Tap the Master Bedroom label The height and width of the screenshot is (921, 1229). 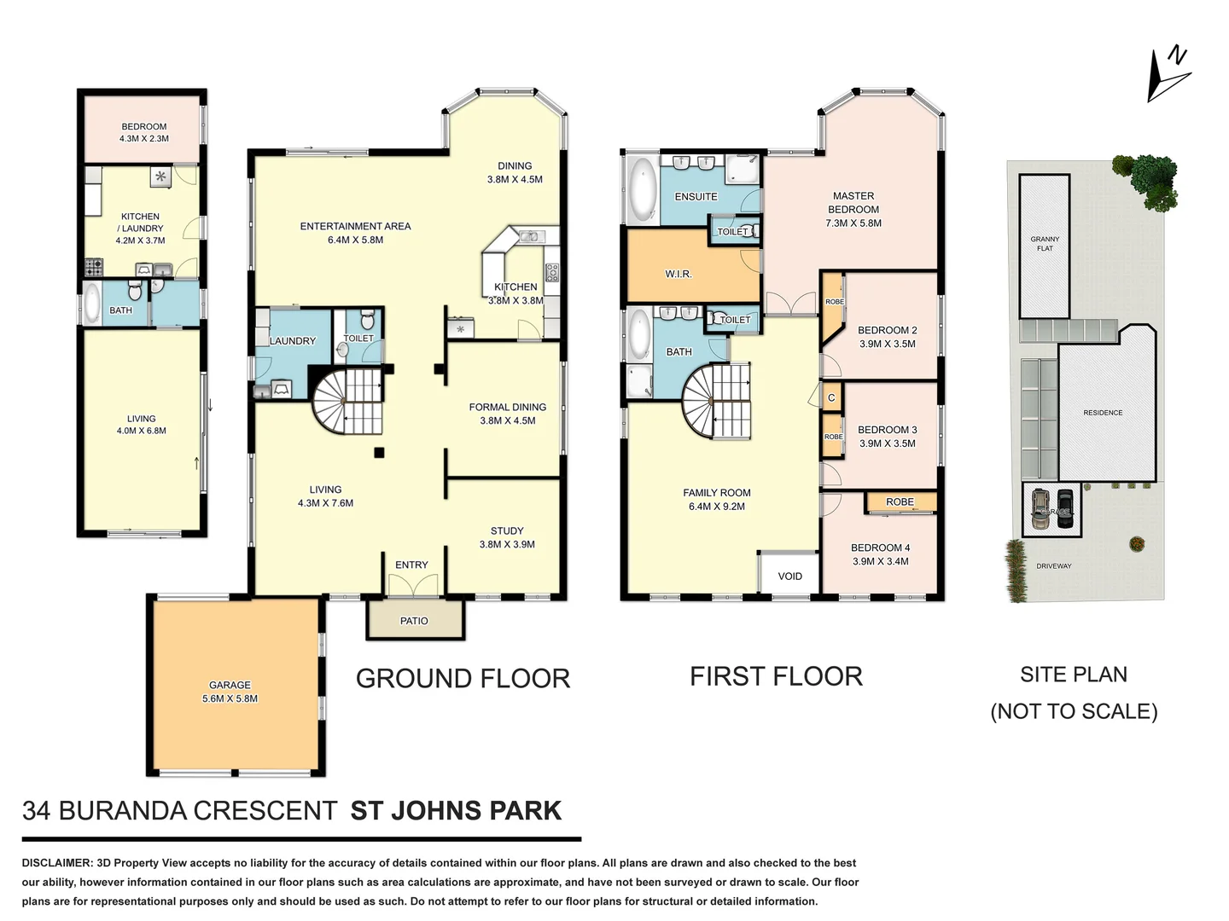(x=853, y=209)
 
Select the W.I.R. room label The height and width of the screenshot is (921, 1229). (x=679, y=274)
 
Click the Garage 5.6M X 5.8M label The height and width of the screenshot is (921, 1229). (x=230, y=692)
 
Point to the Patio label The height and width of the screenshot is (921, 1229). (x=414, y=621)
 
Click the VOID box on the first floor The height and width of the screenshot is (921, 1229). (x=789, y=576)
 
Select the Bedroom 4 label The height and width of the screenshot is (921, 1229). (x=880, y=554)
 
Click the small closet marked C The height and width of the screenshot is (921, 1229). (x=831, y=397)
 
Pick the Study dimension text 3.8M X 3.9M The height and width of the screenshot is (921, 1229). (x=507, y=544)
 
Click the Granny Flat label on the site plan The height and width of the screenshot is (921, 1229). (x=1045, y=244)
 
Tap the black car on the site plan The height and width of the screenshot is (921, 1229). (x=1064, y=508)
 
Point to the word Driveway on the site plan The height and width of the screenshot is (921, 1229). (x=1053, y=566)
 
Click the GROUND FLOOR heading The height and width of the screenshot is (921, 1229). (x=463, y=679)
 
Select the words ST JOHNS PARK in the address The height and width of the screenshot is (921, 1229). (x=456, y=810)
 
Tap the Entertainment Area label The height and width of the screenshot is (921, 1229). (x=355, y=233)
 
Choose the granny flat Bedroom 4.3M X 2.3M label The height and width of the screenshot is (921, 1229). (x=144, y=132)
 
